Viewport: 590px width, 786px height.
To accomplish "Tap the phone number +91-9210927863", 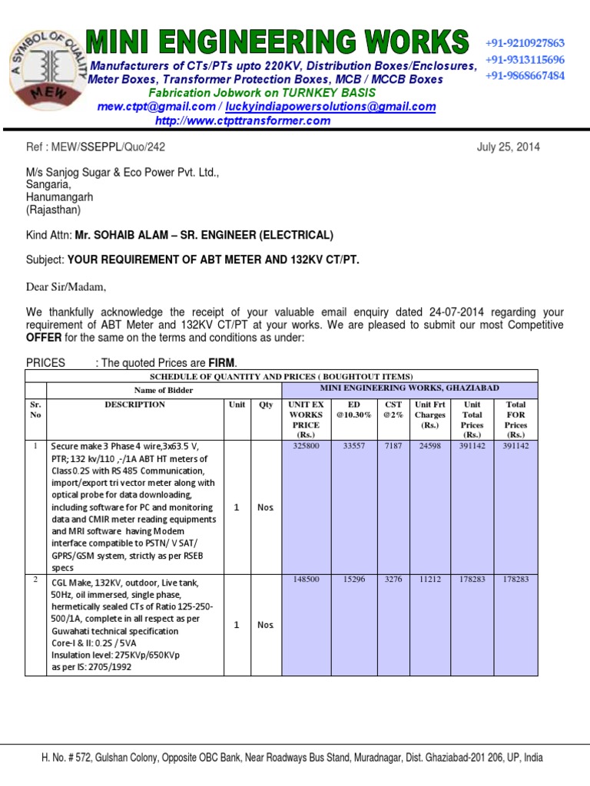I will (x=525, y=43).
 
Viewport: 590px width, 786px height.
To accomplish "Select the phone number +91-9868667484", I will (x=525, y=75).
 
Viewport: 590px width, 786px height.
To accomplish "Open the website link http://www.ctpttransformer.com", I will (x=243, y=121).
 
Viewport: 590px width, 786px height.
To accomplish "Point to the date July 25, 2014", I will (x=509, y=147).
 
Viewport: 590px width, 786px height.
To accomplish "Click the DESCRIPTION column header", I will (x=134, y=404).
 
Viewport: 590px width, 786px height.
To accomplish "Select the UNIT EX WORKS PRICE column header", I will (x=305, y=419).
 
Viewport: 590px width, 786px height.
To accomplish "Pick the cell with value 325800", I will (x=305, y=445).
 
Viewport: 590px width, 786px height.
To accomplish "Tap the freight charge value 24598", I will (x=429, y=445).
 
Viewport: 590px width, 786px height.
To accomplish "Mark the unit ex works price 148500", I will (x=305, y=580).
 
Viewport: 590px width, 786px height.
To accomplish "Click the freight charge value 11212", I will (x=429, y=580).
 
